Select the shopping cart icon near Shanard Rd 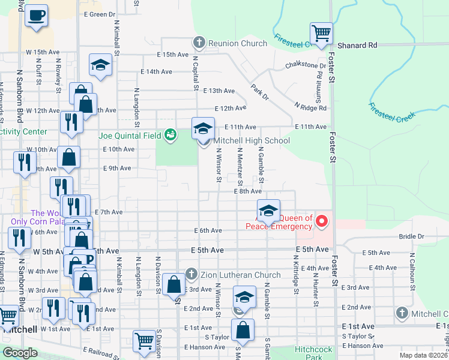pos(321,34)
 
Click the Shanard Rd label pos(357,45)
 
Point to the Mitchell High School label pos(252,141)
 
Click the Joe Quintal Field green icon pos(170,135)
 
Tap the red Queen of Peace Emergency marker pos(322,222)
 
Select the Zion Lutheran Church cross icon pos(191,274)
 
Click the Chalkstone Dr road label pos(306,65)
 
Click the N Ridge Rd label pos(310,107)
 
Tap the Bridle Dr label pos(411,236)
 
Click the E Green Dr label pos(100,14)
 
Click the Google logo pos(20,353)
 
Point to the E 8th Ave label pos(248,191)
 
